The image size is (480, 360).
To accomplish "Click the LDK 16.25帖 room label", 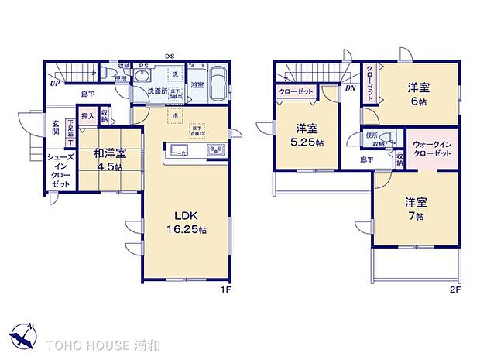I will [x=187, y=223].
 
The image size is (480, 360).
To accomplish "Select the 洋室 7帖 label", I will [x=415, y=209].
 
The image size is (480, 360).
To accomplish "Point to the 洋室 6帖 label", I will [x=419, y=95].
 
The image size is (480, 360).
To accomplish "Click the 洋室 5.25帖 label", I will [x=307, y=135].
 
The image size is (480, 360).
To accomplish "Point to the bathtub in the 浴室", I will [x=218, y=84].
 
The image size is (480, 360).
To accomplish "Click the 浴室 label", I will [x=197, y=84].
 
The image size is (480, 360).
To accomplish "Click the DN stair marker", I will [x=350, y=87].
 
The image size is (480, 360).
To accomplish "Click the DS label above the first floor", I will [x=168, y=55].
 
